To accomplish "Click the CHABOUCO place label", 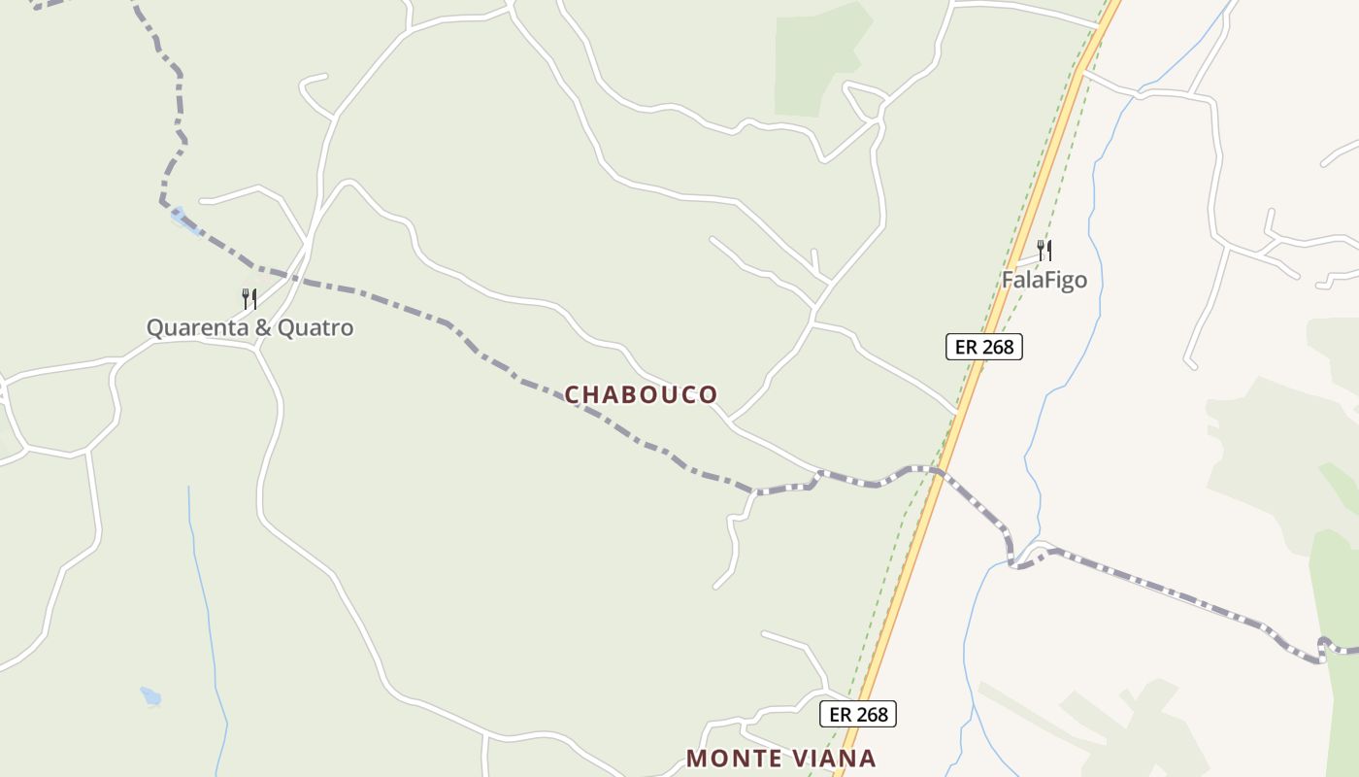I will (x=641, y=394).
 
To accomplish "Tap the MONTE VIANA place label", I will (x=780, y=758).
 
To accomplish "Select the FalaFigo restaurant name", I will (x=1044, y=281).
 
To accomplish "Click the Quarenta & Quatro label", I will (x=249, y=327).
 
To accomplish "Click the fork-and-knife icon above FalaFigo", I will (x=1044, y=251).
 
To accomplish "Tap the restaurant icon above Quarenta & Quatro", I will (x=249, y=298).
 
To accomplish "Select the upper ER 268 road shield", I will (x=984, y=346).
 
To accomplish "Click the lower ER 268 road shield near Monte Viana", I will (x=858, y=714).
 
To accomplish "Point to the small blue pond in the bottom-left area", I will (x=150, y=696).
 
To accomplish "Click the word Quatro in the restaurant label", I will (x=315, y=327).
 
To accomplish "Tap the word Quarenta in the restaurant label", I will (x=197, y=327).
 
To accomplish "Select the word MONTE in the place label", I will (x=730, y=758).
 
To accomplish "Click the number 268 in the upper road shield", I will (x=997, y=346).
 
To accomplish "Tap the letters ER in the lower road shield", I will (x=840, y=714).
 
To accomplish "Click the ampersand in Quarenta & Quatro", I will (x=263, y=327).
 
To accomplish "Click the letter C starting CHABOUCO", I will (x=573, y=394).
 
